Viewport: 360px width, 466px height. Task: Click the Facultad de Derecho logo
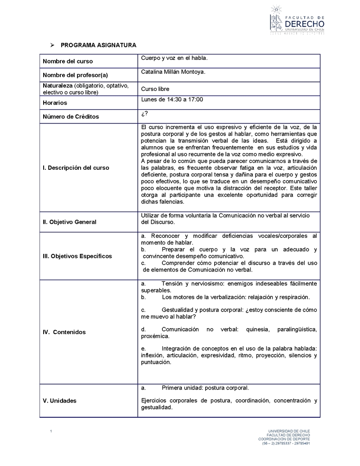click(x=297, y=20)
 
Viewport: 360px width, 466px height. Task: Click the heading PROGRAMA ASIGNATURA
click(x=98, y=45)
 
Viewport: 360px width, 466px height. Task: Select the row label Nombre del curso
click(x=67, y=61)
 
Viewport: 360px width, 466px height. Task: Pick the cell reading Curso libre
click(x=155, y=89)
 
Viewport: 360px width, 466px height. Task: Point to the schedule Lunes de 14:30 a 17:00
click(x=172, y=100)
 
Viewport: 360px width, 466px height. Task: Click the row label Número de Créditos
click(x=71, y=117)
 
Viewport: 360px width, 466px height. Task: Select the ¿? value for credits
click(x=144, y=113)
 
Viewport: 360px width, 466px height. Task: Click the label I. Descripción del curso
click(x=76, y=168)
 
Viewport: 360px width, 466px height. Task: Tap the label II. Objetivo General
click(x=69, y=222)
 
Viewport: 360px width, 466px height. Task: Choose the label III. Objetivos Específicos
click(x=77, y=256)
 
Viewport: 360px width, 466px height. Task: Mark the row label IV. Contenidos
click(x=64, y=332)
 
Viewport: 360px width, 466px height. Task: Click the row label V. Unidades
click(x=59, y=401)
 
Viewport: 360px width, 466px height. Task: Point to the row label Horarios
click(x=55, y=103)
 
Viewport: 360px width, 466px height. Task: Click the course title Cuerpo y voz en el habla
click(x=174, y=58)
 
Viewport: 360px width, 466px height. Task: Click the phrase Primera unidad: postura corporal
click(x=205, y=388)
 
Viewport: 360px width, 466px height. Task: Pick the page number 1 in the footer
click(x=52, y=432)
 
